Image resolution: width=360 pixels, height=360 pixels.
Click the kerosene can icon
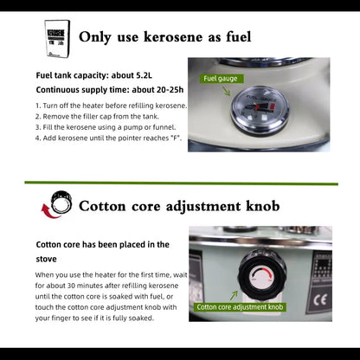pyautogui.click(x=57, y=38)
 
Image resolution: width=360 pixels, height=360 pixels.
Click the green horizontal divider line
pyautogui.click(x=180, y=183)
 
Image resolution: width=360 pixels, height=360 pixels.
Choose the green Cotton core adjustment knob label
pyautogui.click(x=240, y=306)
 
